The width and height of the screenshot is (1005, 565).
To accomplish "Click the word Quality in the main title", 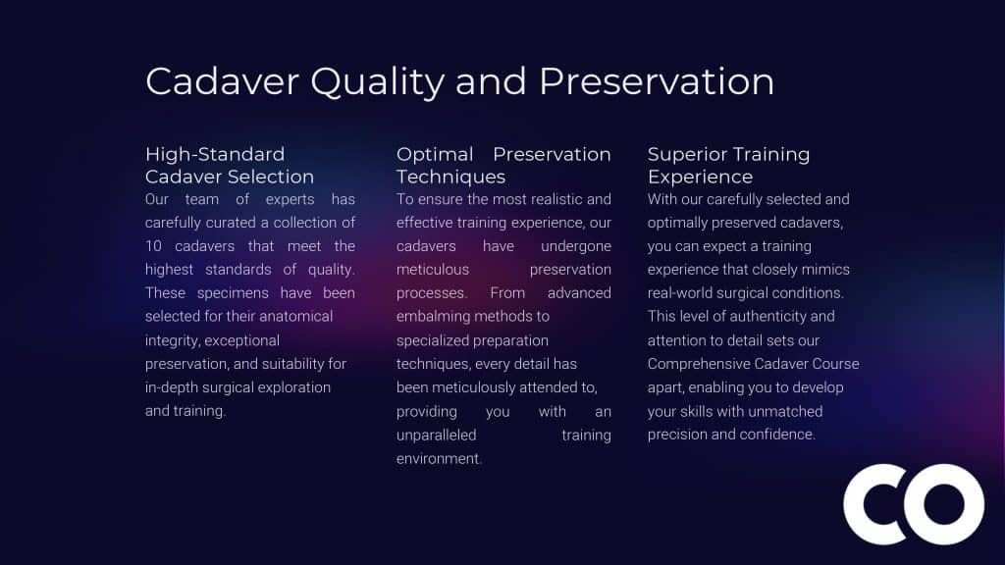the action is pyautogui.click(x=378, y=82).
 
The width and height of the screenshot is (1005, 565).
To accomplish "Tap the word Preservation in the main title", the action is pyautogui.click(x=657, y=81).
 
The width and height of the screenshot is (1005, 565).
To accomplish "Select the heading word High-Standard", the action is pyautogui.click(x=215, y=154).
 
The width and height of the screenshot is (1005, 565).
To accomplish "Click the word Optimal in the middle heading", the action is pyautogui.click(x=435, y=154).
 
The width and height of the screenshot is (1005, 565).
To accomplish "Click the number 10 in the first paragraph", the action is pyautogui.click(x=153, y=246).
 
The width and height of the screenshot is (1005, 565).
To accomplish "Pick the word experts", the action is pyautogui.click(x=290, y=200).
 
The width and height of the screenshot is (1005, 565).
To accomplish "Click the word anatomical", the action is pyautogui.click(x=295, y=317).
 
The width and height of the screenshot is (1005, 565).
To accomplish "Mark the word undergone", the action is pyautogui.click(x=575, y=246).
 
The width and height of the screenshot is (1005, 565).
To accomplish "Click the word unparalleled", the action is pyautogui.click(x=437, y=435).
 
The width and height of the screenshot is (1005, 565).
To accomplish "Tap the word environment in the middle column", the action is pyautogui.click(x=438, y=459).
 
